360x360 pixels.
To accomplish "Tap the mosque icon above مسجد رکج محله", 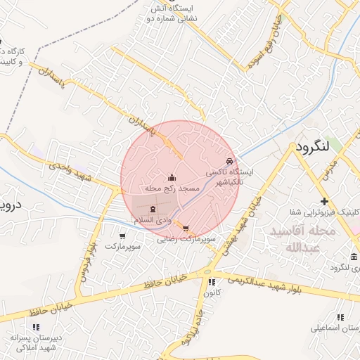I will pyautogui.click(x=173, y=177).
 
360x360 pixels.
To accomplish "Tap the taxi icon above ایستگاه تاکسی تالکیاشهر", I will pyautogui.click(x=229, y=161).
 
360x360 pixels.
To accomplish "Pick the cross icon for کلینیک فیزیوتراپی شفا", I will pyautogui.click(x=324, y=201).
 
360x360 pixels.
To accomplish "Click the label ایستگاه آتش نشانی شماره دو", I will pyautogui.click(x=173, y=13).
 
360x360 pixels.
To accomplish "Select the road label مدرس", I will pyautogui.click(x=331, y=166).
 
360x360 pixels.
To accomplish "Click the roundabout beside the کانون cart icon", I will pyautogui.click(x=205, y=271).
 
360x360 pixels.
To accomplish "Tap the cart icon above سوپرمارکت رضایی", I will pyautogui.click(x=184, y=229).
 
